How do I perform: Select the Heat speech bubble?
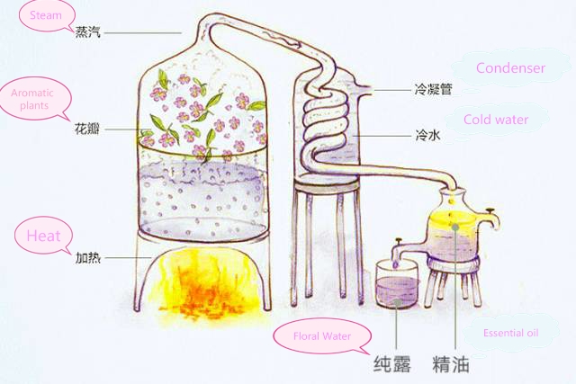point(43,237)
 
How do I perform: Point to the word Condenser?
point(510,68)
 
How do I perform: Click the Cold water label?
point(495,120)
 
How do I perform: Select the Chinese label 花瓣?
point(87,129)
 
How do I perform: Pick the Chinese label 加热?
point(87,258)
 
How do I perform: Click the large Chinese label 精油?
point(450,365)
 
